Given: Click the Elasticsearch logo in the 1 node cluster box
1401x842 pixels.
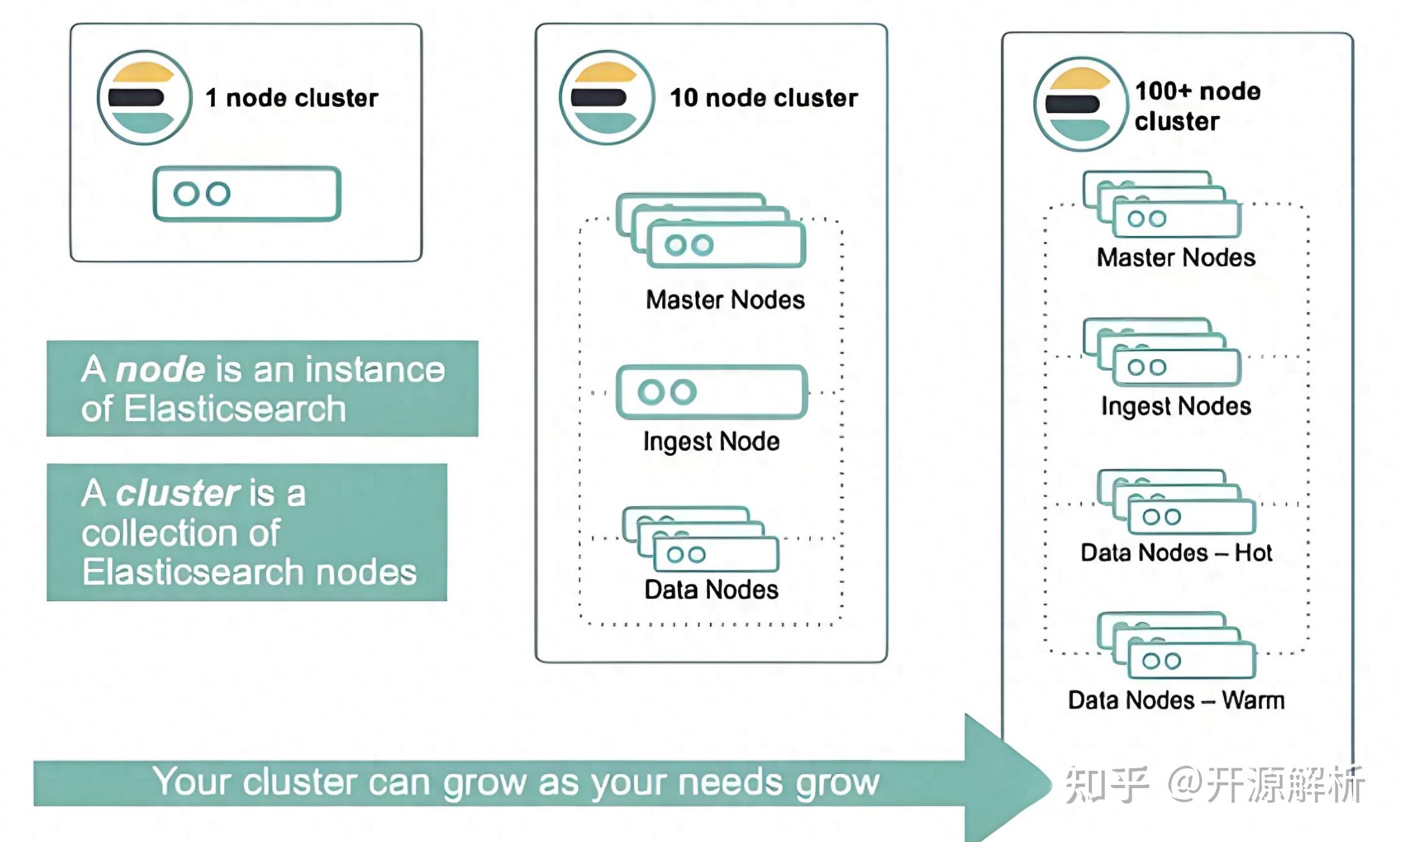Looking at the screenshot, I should coord(144,97).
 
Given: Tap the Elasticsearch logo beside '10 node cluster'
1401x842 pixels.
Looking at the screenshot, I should coord(607,97).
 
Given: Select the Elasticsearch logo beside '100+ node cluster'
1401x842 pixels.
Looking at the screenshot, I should coord(1081,104).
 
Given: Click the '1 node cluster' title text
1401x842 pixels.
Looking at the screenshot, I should coord(292,98).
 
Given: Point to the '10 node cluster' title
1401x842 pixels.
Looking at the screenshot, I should coord(763,98).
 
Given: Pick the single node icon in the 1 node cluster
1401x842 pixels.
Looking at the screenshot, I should coord(247,194).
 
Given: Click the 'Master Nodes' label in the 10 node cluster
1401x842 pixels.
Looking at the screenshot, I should coord(725,299).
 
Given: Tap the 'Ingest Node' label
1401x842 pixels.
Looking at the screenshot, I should coord(711,441).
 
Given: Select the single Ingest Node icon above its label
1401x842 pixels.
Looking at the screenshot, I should coord(711,392).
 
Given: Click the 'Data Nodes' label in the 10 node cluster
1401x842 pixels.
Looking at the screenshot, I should coord(711,589).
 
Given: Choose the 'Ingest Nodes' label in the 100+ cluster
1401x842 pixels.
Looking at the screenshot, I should coord(1176,406).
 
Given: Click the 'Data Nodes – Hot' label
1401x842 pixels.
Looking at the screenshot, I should coord(1176,552).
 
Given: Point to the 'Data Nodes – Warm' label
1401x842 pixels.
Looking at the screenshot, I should coord(1176,700).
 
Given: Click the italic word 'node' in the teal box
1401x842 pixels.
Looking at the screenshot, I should coord(160,369).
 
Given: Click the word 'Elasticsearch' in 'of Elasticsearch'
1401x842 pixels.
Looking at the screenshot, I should coord(235,409).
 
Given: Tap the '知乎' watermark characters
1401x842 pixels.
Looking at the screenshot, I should coord(1107,784).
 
